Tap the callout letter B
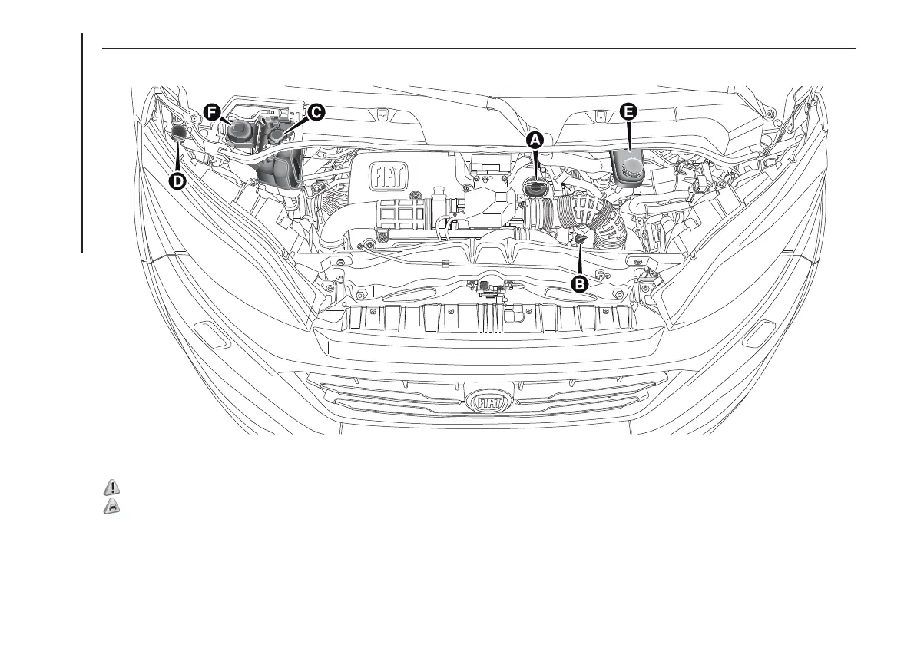[x=581, y=283]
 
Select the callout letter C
[x=315, y=112]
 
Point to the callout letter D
[x=177, y=181]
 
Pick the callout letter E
[x=628, y=112]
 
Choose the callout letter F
[x=213, y=112]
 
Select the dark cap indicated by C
[x=277, y=137]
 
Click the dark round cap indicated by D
[x=178, y=131]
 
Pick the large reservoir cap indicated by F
[x=241, y=132]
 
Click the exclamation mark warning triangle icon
[x=112, y=487]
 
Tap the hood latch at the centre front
[x=488, y=289]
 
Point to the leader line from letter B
[x=581, y=261]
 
